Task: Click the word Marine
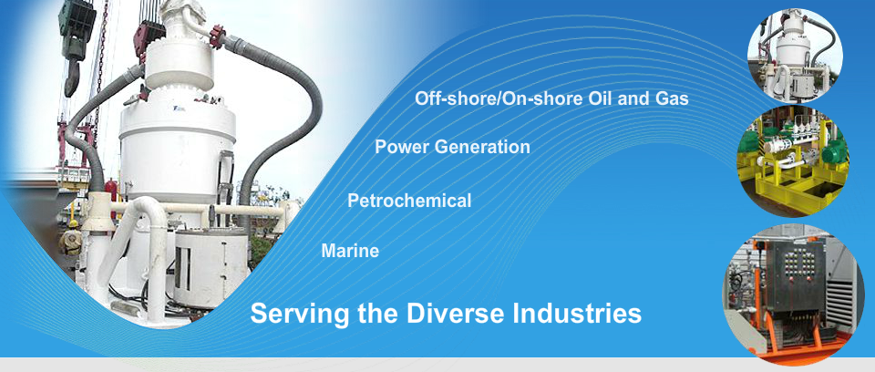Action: [350, 251]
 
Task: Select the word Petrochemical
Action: [409, 201]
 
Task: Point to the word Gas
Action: [672, 98]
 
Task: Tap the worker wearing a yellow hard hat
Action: [71, 239]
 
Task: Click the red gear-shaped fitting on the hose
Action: [217, 36]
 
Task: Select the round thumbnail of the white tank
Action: [795, 55]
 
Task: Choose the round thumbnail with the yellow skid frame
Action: [793, 160]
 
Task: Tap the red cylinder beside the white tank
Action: [113, 191]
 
